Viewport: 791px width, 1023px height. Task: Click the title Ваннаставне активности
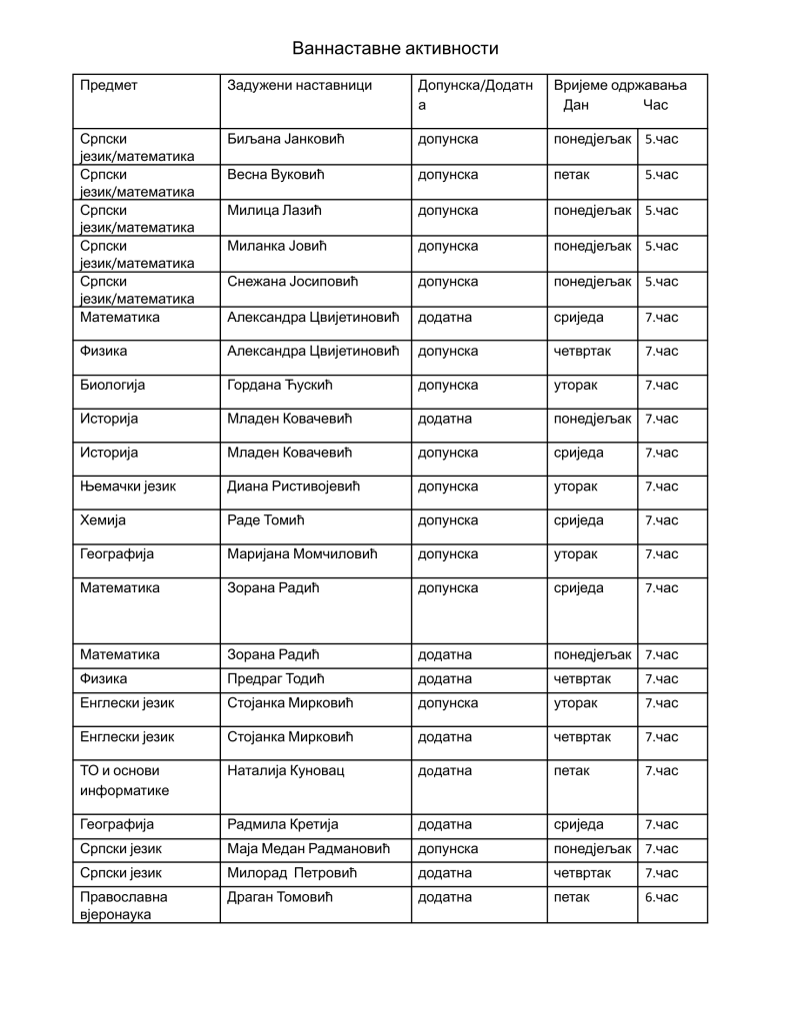[395, 48]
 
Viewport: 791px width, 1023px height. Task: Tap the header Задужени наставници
[299, 86]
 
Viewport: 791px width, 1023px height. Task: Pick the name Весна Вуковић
[276, 175]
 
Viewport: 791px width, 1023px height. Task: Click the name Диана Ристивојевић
[293, 487]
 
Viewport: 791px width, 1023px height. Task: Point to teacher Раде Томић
[265, 520]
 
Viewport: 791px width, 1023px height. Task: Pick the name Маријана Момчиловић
[300, 554]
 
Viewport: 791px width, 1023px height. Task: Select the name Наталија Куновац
[283, 771]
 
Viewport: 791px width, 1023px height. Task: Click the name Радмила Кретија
[283, 825]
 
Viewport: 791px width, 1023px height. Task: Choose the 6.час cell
[661, 897]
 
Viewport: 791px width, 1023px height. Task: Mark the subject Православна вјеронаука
[124, 905]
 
